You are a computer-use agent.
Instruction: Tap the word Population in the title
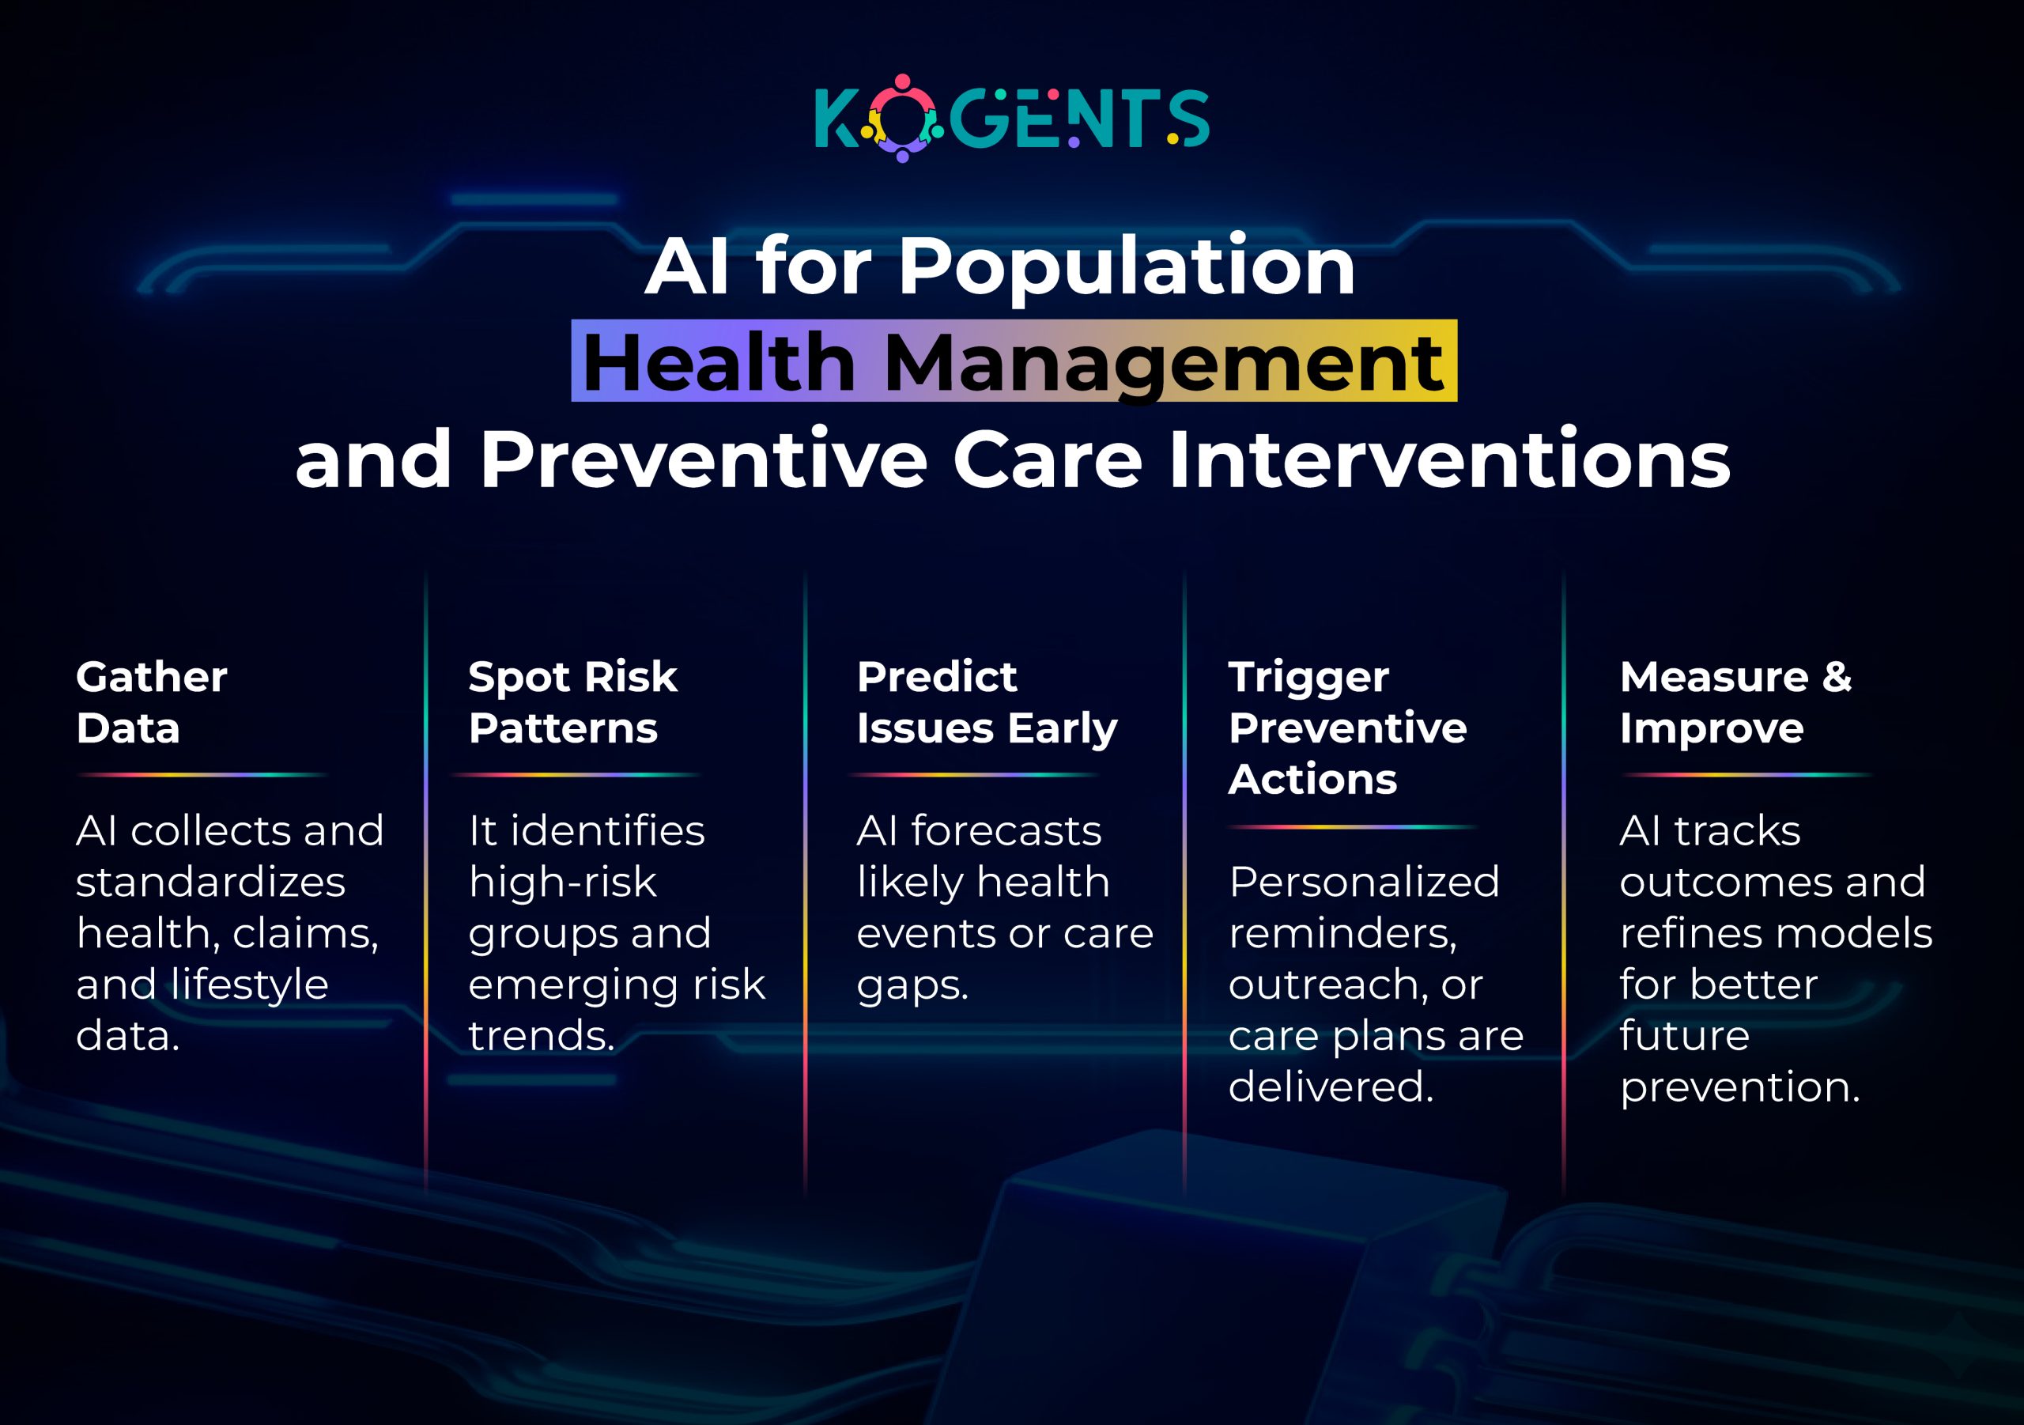1126,268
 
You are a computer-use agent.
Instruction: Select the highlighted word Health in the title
719,362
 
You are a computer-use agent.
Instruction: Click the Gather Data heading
152,702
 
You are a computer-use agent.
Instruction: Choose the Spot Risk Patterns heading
572,702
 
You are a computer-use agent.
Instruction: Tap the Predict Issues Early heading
987,702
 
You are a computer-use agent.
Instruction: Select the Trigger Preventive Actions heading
1347,728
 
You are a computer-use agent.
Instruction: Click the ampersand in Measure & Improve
1837,677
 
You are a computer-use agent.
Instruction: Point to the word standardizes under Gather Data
210,881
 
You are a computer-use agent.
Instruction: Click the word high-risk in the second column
562,881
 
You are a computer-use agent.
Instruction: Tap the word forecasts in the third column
1006,830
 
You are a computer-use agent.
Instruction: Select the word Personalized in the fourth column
1364,881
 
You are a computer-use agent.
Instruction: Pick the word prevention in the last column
1739,1087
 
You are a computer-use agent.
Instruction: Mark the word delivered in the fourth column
1331,1086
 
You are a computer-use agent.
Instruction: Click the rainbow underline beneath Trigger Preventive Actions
1352,827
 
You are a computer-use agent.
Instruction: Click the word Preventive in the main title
703,459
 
